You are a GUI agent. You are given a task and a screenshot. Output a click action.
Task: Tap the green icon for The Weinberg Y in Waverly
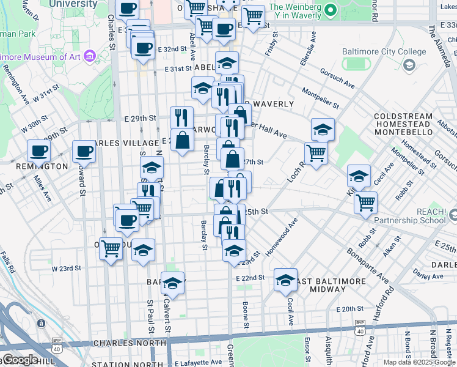[x=330, y=10]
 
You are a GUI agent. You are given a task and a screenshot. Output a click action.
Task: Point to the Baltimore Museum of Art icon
[x=90, y=57]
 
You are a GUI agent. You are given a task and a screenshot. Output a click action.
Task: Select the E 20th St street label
[x=352, y=310]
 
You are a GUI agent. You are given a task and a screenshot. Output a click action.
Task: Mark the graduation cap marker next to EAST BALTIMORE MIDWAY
[x=285, y=280]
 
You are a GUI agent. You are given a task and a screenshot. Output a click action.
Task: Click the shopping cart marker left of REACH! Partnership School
[x=365, y=202]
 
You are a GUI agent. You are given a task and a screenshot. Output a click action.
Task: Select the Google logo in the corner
[x=20, y=360]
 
